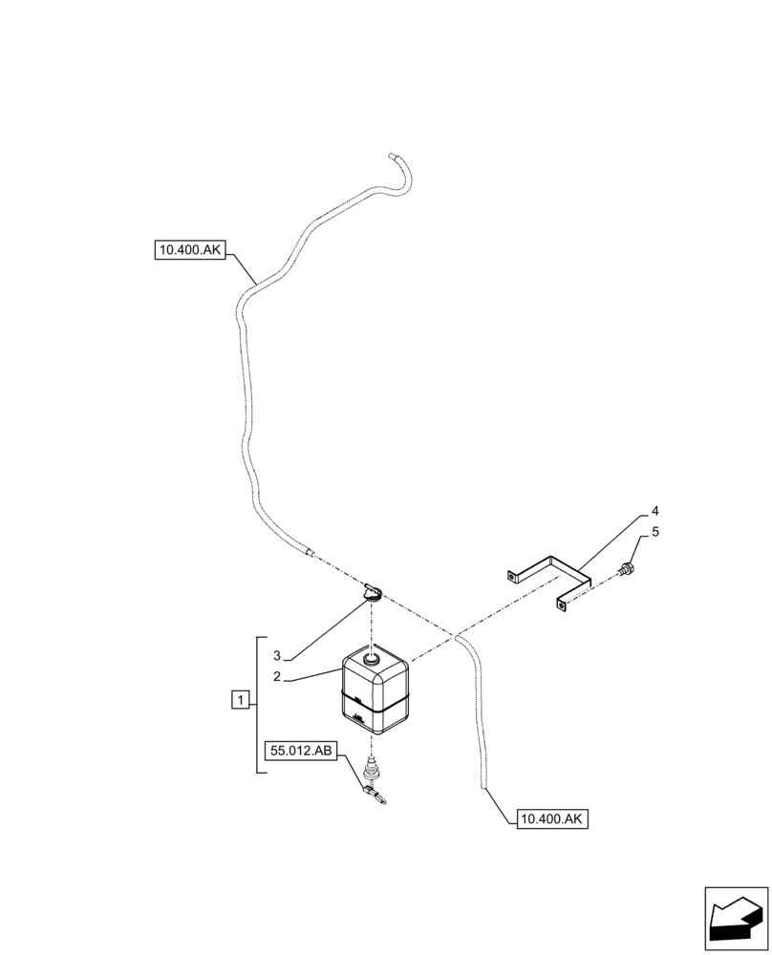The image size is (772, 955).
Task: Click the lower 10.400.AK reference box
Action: click(x=553, y=818)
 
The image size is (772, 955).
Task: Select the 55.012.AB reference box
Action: click(x=302, y=752)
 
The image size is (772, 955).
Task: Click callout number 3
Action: click(x=275, y=656)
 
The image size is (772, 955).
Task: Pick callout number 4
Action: click(x=655, y=511)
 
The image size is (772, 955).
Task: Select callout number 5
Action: click(x=655, y=533)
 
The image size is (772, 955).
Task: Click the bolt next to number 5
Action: click(x=627, y=570)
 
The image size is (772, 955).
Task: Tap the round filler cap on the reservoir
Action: click(x=369, y=657)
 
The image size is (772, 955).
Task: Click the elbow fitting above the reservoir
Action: click(x=371, y=593)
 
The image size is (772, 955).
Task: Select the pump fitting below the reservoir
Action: click(x=373, y=779)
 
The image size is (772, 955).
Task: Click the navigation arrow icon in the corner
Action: click(x=736, y=919)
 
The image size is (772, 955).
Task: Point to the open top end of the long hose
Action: click(x=392, y=155)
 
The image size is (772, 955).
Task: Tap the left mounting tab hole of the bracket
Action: click(x=512, y=576)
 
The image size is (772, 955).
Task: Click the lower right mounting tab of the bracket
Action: click(x=563, y=603)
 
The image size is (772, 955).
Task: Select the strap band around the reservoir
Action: click(x=375, y=711)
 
